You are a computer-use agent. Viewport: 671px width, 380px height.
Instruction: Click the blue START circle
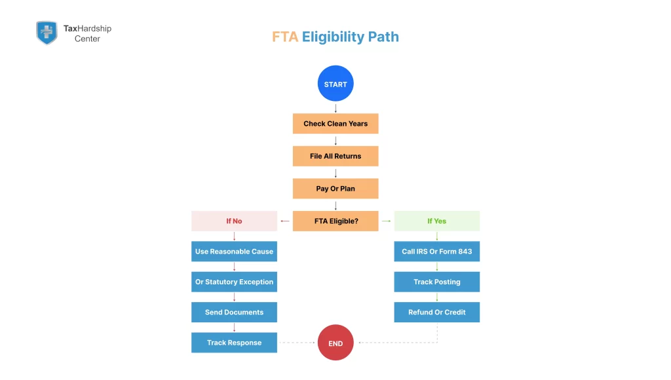(x=335, y=84)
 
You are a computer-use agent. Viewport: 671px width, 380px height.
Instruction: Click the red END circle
(x=335, y=343)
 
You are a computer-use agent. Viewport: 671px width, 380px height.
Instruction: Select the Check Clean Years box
(x=335, y=124)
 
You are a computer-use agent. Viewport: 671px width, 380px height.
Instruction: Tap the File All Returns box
(x=335, y=156)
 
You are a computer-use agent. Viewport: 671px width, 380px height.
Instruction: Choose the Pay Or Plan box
(x=335, y=189)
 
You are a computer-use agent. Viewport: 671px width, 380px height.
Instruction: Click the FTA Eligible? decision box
(x=335, y=221)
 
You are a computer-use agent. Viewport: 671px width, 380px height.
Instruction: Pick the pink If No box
(x=234, y=221)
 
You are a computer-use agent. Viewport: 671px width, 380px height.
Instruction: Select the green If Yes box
(x=436, y=221)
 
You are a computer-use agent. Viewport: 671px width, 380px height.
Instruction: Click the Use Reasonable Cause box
(x=234, y=252)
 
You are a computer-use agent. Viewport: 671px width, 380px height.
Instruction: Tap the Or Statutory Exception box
(x=234, y=282)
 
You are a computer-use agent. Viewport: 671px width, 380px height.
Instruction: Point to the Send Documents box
(x=234, y=313)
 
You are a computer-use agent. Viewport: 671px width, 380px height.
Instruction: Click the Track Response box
(x=234, y=343)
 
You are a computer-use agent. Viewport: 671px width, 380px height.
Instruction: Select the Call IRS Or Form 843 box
(x=436, y=252)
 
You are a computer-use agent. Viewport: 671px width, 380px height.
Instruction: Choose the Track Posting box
(x=436, y=282)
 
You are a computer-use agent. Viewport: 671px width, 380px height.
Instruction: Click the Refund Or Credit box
(x=436, y=313)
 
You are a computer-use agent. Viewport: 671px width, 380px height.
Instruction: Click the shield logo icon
(x=47, y=33)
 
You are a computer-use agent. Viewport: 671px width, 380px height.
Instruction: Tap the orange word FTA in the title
(x=285, y=37)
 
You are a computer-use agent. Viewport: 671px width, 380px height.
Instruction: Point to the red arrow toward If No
(x=285, y=221)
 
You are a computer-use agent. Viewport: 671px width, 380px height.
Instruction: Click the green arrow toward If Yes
(x=386, y=221)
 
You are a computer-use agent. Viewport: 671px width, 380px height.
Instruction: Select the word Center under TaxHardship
(x=87, y=39)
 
